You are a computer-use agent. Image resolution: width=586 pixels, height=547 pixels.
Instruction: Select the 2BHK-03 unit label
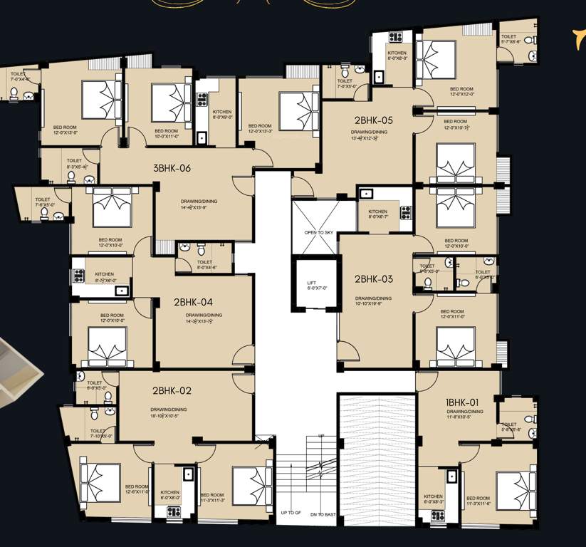point(374,279)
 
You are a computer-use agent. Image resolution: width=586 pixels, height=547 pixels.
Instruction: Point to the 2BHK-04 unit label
point(192,302)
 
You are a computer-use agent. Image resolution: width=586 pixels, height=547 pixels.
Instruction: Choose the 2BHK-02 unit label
point(172,390)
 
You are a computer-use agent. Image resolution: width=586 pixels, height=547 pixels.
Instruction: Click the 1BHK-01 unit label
point(462,402)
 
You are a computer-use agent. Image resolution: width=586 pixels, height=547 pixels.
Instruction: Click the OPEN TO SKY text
point(319,233)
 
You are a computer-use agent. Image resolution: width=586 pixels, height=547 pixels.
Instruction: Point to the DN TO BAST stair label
point(323,514)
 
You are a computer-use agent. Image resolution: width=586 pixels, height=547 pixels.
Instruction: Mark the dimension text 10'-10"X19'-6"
point(374,303)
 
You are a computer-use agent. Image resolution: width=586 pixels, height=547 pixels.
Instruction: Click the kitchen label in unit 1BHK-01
point(433,496)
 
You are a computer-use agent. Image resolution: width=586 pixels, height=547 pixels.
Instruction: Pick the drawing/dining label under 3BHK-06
point(199,202)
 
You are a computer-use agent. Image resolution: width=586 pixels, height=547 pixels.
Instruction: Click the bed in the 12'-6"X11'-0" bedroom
point(100,476)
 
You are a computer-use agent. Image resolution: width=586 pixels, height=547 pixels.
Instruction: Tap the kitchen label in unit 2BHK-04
point(105,274)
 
